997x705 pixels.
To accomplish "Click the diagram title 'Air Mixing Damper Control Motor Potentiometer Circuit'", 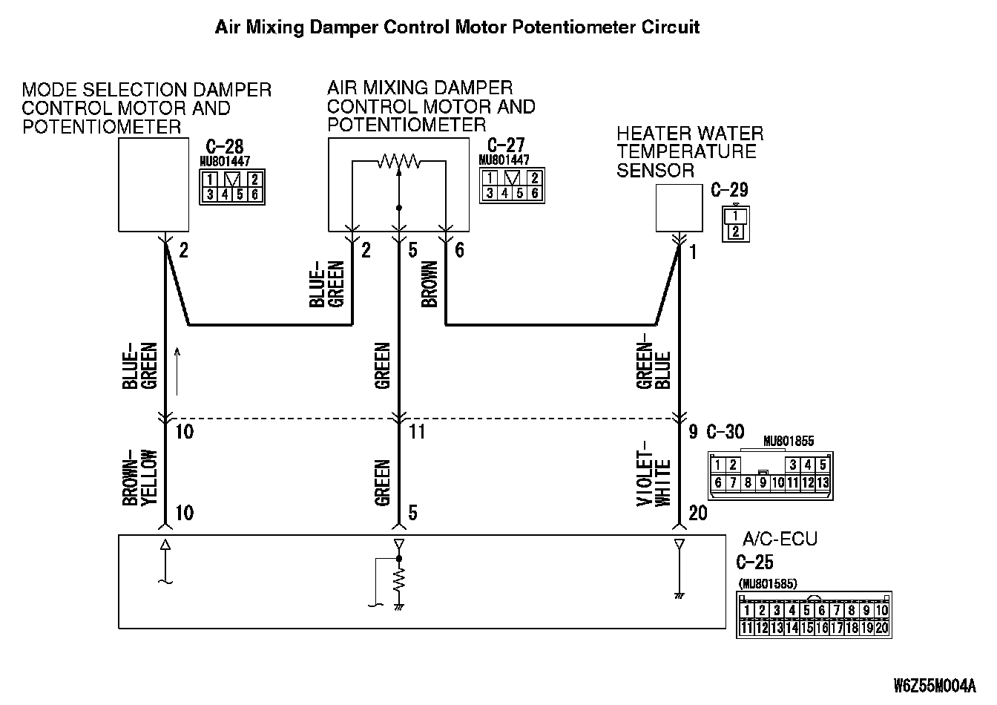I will coord(457,27).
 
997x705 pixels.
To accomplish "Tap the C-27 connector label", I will coord(507,145).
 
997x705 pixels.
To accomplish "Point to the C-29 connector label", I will coord(729,189).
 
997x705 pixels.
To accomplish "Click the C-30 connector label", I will coord(725,432).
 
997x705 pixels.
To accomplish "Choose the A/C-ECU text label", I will coord(779,539).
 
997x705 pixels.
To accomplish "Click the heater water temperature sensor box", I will coord(679,209).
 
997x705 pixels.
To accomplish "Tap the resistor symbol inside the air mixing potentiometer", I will coord(399,160).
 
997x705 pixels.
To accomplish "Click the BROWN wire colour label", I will coord(430,284).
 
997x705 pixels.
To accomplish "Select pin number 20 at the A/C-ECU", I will coord(697,513).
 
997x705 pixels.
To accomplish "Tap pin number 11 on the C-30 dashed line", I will coord(417,431).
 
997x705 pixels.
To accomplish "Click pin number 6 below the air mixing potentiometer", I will coord(459,251).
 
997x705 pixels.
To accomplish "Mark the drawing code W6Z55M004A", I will coord(935,685).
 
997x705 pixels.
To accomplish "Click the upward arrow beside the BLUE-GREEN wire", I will coord(177,371).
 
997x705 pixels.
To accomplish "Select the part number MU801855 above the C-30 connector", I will coord(788,441).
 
